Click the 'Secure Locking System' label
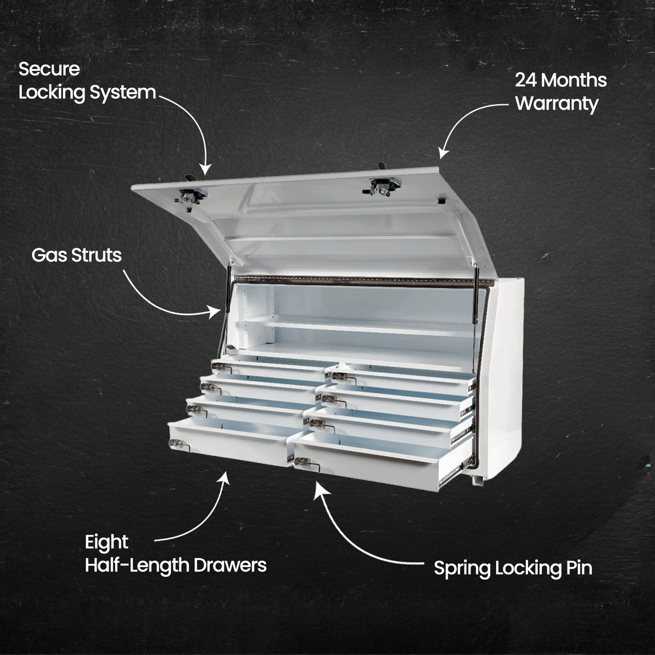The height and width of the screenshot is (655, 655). click(x=87, y=80)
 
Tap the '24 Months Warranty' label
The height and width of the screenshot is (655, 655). click(x=560, y=91)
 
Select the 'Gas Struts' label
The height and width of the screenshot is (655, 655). click(x=76, y=255)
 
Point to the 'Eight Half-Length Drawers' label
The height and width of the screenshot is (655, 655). click(x=175, y=553)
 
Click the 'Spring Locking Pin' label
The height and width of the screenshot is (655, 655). click(x=513, y=567)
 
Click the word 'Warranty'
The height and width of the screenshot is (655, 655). click(x=556, y=103)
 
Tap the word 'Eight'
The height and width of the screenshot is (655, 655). click(x=107, y=542)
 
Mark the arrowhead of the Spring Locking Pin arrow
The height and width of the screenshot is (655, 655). click(x=319, y=485)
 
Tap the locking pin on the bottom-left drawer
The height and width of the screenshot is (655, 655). click(x=176, y=443)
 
